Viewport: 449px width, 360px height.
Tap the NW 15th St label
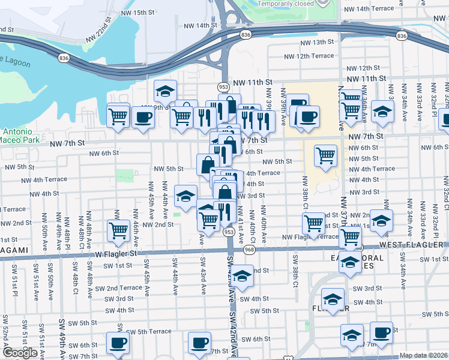137,13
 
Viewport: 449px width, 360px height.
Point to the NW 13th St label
318,42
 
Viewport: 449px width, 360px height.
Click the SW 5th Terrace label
148,332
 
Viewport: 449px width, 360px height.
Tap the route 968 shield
250,250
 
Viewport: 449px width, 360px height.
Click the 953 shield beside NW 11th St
223,86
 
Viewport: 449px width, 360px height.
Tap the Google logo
20,353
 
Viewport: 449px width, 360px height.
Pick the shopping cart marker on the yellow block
325,155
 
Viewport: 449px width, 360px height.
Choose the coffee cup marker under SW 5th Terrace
118,343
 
